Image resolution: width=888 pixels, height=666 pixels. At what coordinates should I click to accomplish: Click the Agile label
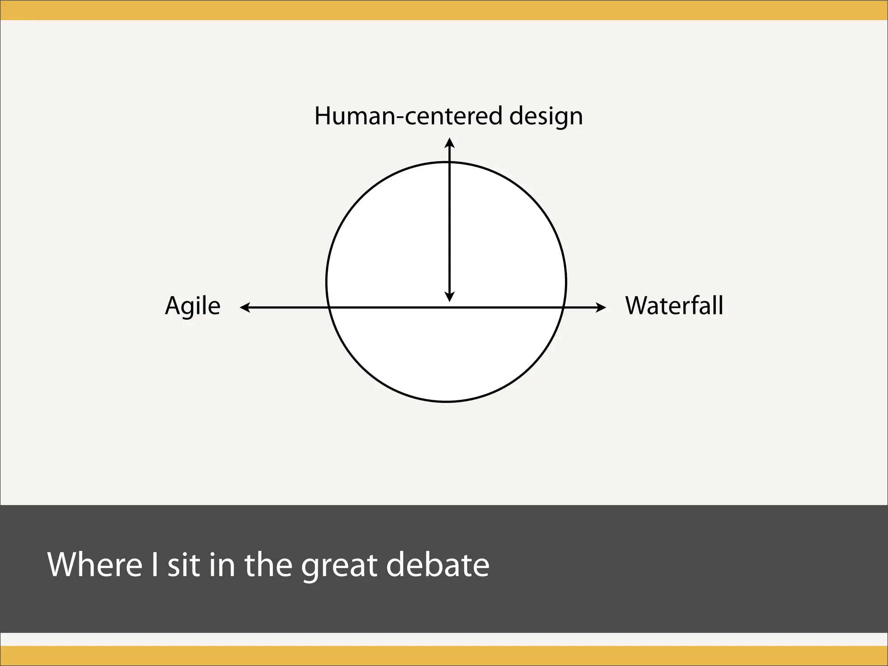(x=193, y=307)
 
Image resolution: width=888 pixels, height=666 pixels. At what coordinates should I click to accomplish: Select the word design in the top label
(x=546, y=116)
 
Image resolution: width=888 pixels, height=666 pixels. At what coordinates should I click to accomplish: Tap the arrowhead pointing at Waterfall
(x=602, y=307)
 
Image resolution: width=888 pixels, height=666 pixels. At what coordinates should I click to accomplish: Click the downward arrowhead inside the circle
(x=450, y=297)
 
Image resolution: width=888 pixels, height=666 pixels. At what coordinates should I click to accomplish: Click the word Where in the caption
(x=95, y=565)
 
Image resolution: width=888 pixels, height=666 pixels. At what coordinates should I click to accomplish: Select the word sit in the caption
(x=184, y=565)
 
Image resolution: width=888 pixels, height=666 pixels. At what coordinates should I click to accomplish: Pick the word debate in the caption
(x=437, y=565)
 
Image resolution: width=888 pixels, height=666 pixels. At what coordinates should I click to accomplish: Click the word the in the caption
(x=268, y=565)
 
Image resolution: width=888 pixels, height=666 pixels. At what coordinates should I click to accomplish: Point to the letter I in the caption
(x=154, y=565)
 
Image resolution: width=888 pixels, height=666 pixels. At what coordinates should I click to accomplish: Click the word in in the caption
(x=222, y=565)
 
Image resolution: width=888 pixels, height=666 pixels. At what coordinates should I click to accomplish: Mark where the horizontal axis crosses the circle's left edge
(x=329, y=307)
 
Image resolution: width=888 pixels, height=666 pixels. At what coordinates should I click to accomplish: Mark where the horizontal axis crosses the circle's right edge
(x=563, y=307)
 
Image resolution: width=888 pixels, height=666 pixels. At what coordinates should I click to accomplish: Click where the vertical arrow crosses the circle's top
(x=450, y=162)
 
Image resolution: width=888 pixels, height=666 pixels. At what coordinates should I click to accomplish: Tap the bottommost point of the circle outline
(x=446, y=402)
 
